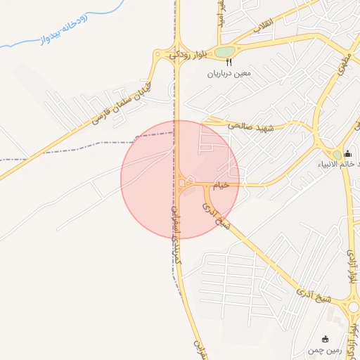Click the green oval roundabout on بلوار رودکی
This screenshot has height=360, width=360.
click(x=224, y=52)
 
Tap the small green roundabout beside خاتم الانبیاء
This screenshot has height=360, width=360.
click(x=337, y=155)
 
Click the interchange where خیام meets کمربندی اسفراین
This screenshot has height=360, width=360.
click(x=184, y=184)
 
